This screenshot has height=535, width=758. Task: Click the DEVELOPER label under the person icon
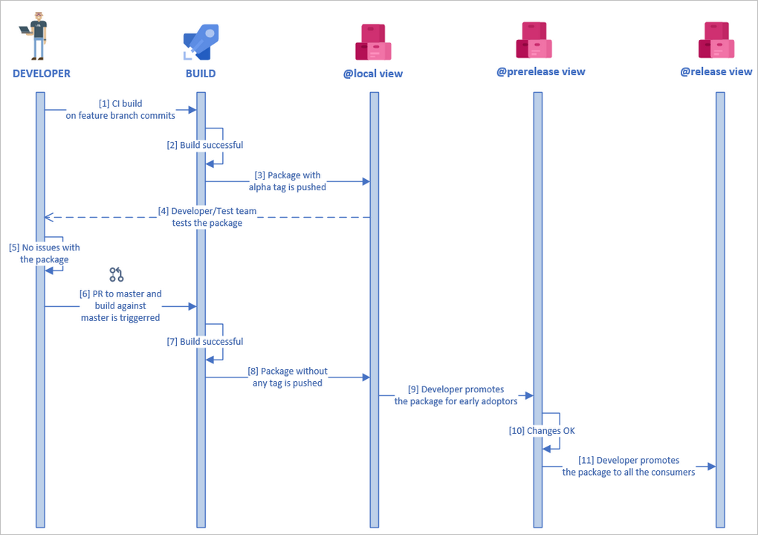[42, 74]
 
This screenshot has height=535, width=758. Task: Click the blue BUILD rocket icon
[200, 42]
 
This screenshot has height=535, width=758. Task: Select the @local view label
[373, 74]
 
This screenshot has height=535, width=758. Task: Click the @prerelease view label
[540, 72]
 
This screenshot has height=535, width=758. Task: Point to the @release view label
[716, 72]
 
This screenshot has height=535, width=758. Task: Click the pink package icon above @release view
[716, 40]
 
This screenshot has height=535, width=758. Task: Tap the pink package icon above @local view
[373, 42]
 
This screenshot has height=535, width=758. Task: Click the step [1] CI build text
[120, 109]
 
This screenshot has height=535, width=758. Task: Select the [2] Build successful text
[205, 146]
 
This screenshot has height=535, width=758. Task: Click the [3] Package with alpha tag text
[287, 181]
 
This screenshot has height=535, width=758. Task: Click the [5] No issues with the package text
[45, 253]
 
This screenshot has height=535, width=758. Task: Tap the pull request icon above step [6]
[117, 275]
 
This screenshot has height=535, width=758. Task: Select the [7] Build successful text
[205, 342]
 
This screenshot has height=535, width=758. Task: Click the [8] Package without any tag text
[287, 377]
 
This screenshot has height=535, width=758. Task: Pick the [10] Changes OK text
[542, 431]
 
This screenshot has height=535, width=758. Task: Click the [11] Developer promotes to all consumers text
[629, 466]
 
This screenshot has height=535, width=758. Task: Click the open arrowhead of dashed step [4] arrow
[48, 217]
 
